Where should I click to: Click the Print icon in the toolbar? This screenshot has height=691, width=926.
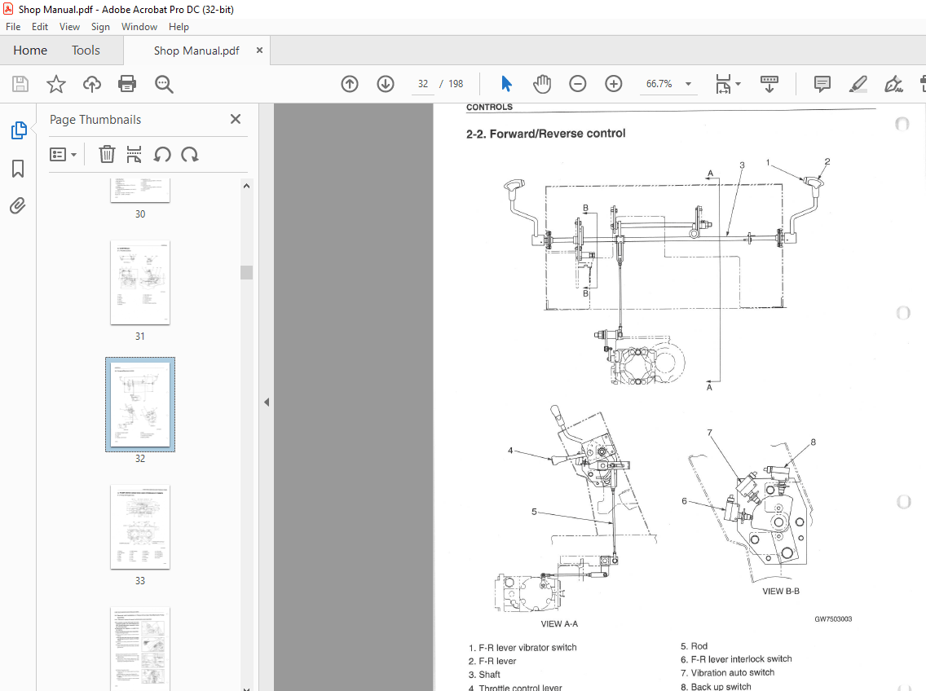(127, 84)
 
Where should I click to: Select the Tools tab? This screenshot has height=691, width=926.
(86, 51)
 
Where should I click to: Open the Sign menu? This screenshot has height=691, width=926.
(100, 27)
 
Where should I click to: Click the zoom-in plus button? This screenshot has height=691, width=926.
(614, 84)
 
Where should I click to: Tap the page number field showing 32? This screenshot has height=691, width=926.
(423, 84)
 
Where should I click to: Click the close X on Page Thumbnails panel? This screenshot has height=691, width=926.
(236, 119)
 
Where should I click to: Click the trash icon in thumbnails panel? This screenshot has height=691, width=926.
(107, 154)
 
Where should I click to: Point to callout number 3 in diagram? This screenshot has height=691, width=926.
(742, 165)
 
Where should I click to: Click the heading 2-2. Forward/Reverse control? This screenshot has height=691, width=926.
(545, 134)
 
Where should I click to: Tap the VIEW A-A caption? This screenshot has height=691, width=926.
(559, 624)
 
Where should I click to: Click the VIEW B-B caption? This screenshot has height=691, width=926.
(780, 592)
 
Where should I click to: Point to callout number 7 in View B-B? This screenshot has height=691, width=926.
(709, 433)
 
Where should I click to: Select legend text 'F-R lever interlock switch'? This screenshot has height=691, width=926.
(741, 659)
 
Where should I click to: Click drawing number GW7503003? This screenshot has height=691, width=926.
(833, 619)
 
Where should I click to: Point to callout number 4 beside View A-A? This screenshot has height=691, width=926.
(510, 450)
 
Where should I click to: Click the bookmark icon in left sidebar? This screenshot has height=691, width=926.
(18, 169)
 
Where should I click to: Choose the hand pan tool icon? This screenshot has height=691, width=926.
(542, 84)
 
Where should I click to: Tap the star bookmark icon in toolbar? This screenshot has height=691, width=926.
(55, 84)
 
